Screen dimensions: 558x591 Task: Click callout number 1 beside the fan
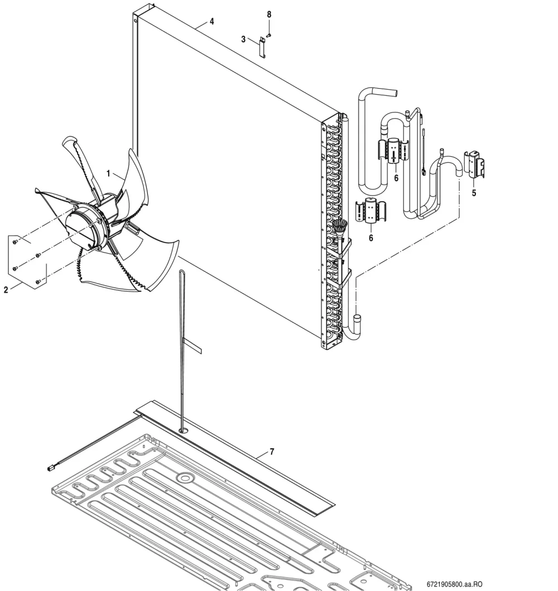108,174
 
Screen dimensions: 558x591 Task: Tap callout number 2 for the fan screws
6,290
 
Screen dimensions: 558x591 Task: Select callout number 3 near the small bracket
243,39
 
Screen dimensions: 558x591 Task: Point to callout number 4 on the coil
211,22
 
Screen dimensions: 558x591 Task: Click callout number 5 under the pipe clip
474,193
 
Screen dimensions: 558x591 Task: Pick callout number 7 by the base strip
272,452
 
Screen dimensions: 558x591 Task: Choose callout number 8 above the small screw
269,14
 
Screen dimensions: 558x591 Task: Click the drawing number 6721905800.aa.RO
454,584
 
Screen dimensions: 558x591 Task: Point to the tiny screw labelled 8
269,36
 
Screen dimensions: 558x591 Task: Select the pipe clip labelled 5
475,164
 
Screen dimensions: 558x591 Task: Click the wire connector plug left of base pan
50,468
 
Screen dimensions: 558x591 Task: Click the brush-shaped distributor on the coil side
340,229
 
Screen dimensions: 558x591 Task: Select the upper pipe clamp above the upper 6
393,150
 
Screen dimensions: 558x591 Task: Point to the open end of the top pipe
395,92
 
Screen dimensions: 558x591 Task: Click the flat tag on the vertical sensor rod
193,346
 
